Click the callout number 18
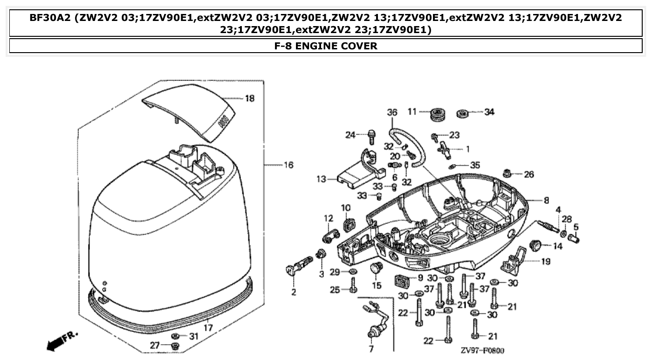(x=250, y=99)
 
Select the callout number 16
(x=288, y=165)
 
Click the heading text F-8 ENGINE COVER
(x=326, y=46)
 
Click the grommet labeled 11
(x=438, y=114)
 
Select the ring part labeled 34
(x=464, y=112)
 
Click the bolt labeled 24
(x=371, y=137)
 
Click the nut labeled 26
(x=508, y=174)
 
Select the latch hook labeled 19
(x=514, y=261)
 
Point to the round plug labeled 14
(x=536, y=244)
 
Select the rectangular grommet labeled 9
(x=402, y=281)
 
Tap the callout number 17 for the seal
(x=208, y=328)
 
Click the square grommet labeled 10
(x=347, y=224)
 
